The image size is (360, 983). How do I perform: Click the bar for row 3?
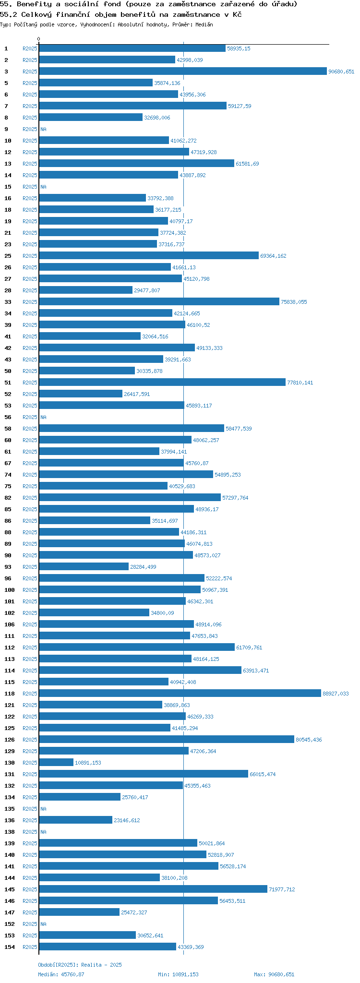click(182, 71)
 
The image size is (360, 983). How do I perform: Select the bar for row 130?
click(56, 762)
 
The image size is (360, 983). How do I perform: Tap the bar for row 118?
click(180, 693)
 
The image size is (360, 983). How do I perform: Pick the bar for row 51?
click(162, 382)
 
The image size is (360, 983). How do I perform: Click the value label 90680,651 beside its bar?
click(341, 72)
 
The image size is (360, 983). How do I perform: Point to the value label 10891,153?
click(88, 763)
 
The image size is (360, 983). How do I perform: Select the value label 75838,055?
click(294, 302)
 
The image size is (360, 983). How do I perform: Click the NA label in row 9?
click(43, 129)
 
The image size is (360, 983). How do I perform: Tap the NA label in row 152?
click(43, 924)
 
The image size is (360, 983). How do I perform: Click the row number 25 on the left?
click(8, 256)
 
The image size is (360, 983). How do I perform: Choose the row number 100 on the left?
click(9, 590)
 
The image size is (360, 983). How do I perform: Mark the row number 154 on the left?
click(9, 947)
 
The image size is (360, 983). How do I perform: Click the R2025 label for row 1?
click(30, 48)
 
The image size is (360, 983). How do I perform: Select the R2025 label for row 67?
click(30, 463)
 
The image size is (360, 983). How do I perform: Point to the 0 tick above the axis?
click(39, 39)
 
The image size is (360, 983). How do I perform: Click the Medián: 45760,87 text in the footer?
click(61, 974)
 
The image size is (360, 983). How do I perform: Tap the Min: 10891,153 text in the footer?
click(178, 974)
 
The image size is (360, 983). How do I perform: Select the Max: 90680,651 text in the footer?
click(274, 974)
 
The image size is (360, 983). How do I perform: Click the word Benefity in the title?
click(34, 4)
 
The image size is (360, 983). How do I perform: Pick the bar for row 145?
click(153, 889)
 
